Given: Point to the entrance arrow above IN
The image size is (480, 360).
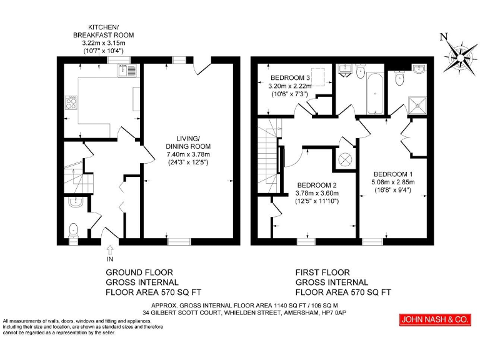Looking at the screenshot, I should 111,250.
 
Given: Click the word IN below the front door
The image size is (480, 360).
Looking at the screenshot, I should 111,259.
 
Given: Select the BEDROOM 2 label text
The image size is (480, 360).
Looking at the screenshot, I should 317,185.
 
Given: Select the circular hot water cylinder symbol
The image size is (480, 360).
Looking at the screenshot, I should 345,159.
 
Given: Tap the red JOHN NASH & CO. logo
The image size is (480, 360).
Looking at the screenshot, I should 434,320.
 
